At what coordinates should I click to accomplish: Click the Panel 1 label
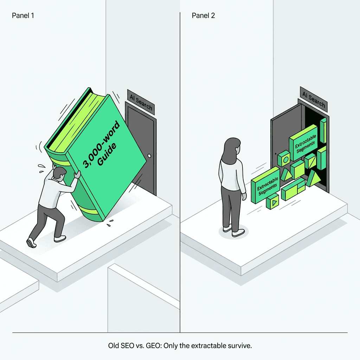pos(23,15)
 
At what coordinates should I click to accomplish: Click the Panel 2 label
pos(203,15)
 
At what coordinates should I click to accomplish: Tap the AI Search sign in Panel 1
pos(141,102)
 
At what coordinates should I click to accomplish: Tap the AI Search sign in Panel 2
pos(314,99)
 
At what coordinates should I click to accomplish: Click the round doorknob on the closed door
pos(149,156)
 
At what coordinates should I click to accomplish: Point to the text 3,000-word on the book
pos(101,144)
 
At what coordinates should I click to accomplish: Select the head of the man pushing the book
pos(59,174)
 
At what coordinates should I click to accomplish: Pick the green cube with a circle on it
pos(284,159)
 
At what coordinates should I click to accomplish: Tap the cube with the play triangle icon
pos(272,201)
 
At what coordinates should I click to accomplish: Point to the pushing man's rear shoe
pos(31,243)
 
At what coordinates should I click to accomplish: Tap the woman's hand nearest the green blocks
pos(244,196)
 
